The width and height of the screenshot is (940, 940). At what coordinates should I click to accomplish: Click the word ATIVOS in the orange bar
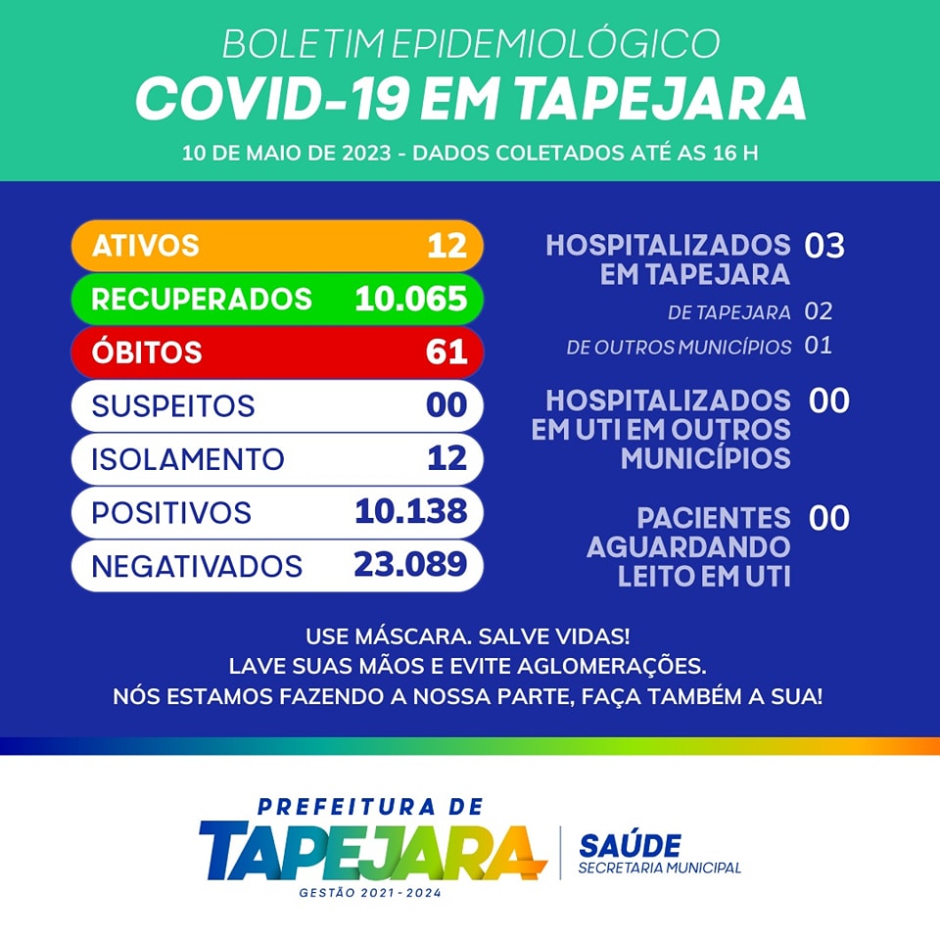coord(145,245)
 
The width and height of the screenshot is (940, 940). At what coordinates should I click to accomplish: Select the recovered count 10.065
coord(410,299)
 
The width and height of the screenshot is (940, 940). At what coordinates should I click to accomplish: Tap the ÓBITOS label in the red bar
coord(147,352)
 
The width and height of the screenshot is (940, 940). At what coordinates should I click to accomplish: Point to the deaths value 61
coord(446,352)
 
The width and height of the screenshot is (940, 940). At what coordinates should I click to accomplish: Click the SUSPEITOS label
coord(172,405)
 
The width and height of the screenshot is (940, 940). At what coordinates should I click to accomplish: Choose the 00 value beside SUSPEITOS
coord(446,405)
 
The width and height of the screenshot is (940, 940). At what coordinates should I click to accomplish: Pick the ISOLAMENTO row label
coord(187,459)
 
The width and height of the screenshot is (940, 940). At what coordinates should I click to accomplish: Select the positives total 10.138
coord(410,511)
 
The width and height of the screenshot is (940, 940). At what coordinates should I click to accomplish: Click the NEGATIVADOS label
coord(196,566)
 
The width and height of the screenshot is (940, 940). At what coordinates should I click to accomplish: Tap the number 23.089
coord(410,564)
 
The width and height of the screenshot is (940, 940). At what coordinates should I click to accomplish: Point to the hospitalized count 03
coord(824,245)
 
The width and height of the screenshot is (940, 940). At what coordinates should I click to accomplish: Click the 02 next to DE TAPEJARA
coord(818,312)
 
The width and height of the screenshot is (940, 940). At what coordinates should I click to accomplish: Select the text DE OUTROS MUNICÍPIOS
coord(679,347)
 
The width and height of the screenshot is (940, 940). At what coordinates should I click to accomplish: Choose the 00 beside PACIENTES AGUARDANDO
coord(829,518)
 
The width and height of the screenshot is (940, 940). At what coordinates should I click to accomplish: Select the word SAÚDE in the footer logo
coord(630,846)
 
